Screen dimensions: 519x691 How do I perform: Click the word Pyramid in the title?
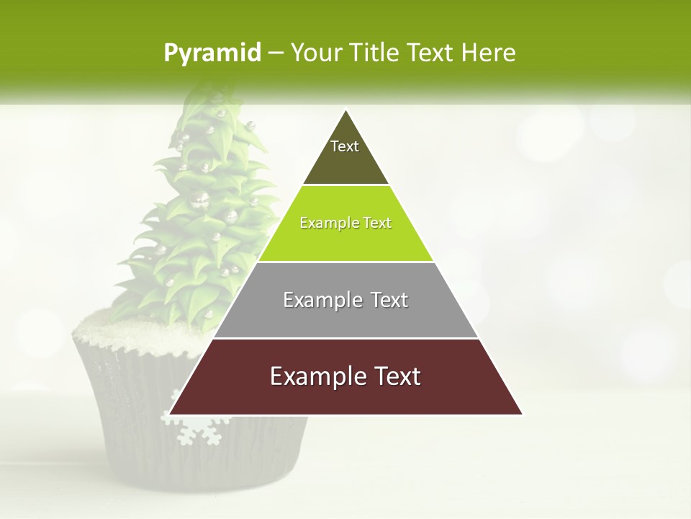pyautogui.click(x=212, y=53)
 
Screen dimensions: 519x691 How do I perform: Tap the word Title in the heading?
pyautogui.click(x=375, y=53)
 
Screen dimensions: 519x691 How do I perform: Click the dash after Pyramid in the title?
pyautogui.click(x=275, y=53)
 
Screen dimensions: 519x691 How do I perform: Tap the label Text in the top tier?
pyautogui.click(x=345, y=146)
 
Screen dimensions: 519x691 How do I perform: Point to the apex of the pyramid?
pyautogui.click(x=346, y=112)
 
